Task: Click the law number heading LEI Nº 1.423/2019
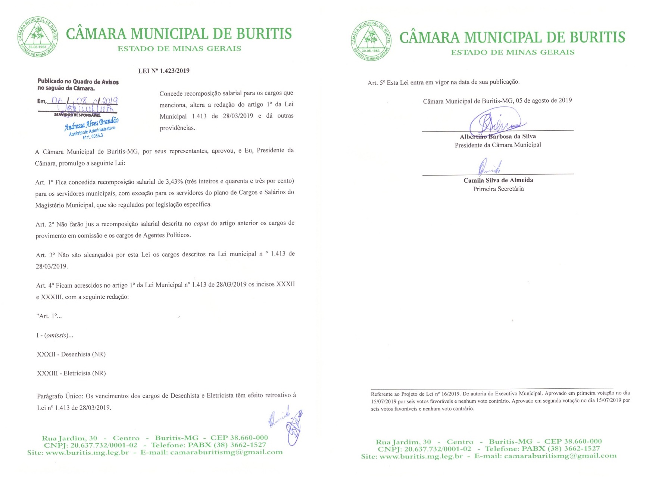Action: coord(164,71)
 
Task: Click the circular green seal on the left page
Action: coord(38,37)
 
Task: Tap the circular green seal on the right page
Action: coord(371,41)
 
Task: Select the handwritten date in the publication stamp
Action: coord(85,101)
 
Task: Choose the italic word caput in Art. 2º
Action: coord(201,224)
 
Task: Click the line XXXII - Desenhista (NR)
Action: coord(71,354)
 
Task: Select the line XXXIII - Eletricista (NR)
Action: coord(71,373)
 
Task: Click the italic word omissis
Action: coord(56,335)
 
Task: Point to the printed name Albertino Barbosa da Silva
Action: coord(498,137)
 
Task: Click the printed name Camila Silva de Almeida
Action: coord(498,180)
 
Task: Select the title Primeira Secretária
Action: coord(498,189)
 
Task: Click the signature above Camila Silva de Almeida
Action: coord(490,167)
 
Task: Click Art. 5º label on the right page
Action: coord(376,83)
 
